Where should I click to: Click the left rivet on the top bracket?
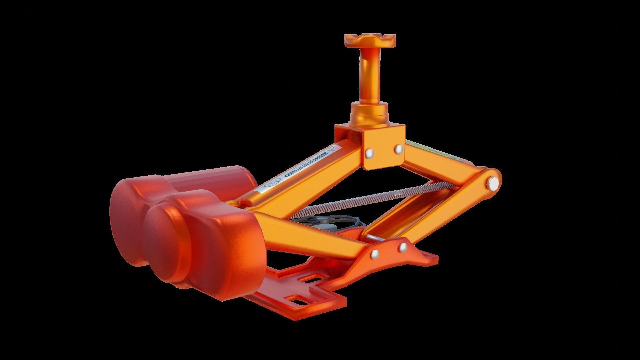click(369, 153)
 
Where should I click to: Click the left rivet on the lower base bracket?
click(375, 254)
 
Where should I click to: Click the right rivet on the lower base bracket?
click(403, 247)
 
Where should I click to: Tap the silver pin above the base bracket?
click(375, 238)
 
